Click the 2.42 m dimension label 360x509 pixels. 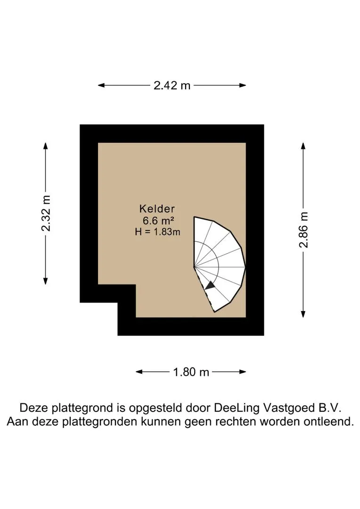pyautogui.click(x=172, y=85)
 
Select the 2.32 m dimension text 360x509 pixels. pyautogui.click(x=46, y=213)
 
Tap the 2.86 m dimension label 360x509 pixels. pyautogui.click(x=303, y=230)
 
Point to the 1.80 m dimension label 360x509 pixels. pyautogui.click(x=191, y=372)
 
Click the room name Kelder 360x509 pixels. pyautogui.click(x=157, y=209)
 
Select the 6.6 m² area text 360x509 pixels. pyautogui.click(x=158, y=221)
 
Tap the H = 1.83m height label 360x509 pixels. pyautogui.click(x=157, y=232)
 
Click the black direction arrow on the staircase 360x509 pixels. pyautogui.click(x=210, y=285)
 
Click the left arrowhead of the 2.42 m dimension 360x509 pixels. pyautogui.click(x=101, y=85)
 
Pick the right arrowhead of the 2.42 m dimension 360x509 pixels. pyautogui.click(x=243, y=85)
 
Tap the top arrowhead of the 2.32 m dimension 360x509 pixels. pyautogui.click(x=46, y=146)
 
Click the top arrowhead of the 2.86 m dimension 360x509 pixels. pyautogui.click(x=303, y=146)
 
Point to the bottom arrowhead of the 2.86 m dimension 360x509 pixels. pyautogui.click(x=303, y=314)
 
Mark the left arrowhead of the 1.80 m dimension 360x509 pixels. pyautogui.click(x=139, y=372)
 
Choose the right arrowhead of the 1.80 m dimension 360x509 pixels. pyautogui.click(x=243, y=372)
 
